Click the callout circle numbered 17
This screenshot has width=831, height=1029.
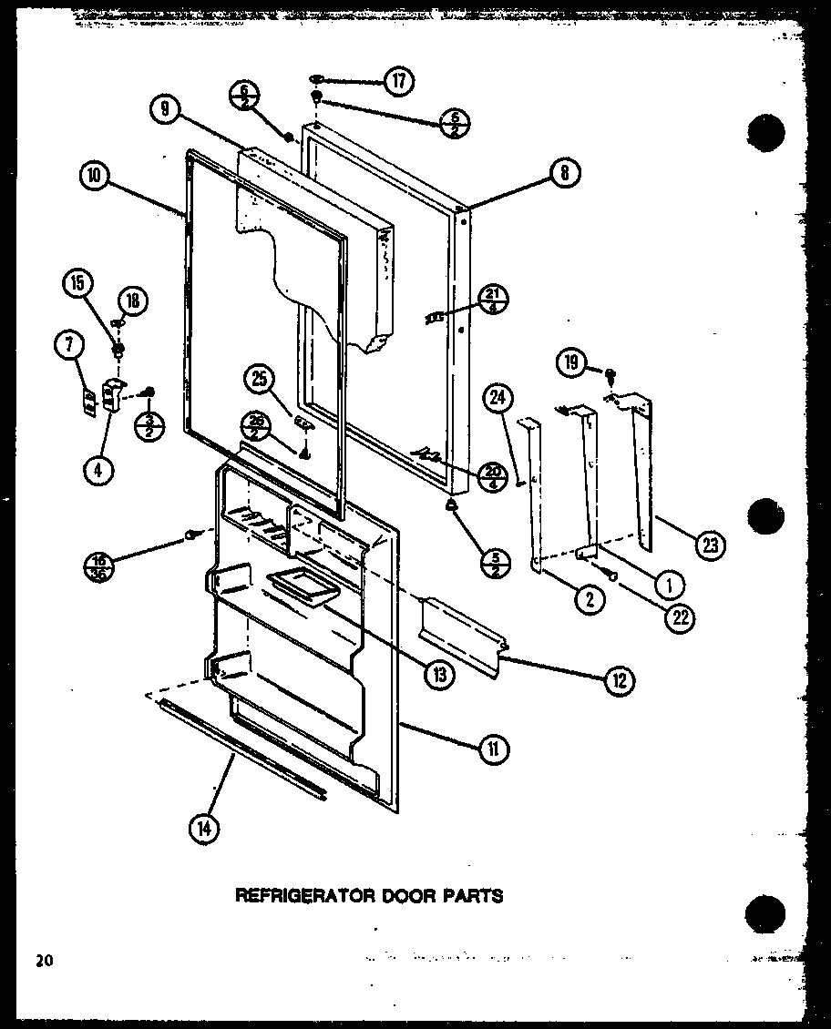[398, 81]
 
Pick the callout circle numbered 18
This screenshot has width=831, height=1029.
[132, 301]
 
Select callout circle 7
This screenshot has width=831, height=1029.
[70, 345]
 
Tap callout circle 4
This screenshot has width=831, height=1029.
[97, 470]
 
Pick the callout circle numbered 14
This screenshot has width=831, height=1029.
[204, 829]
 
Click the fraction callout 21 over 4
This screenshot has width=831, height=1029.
[492, 300]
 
